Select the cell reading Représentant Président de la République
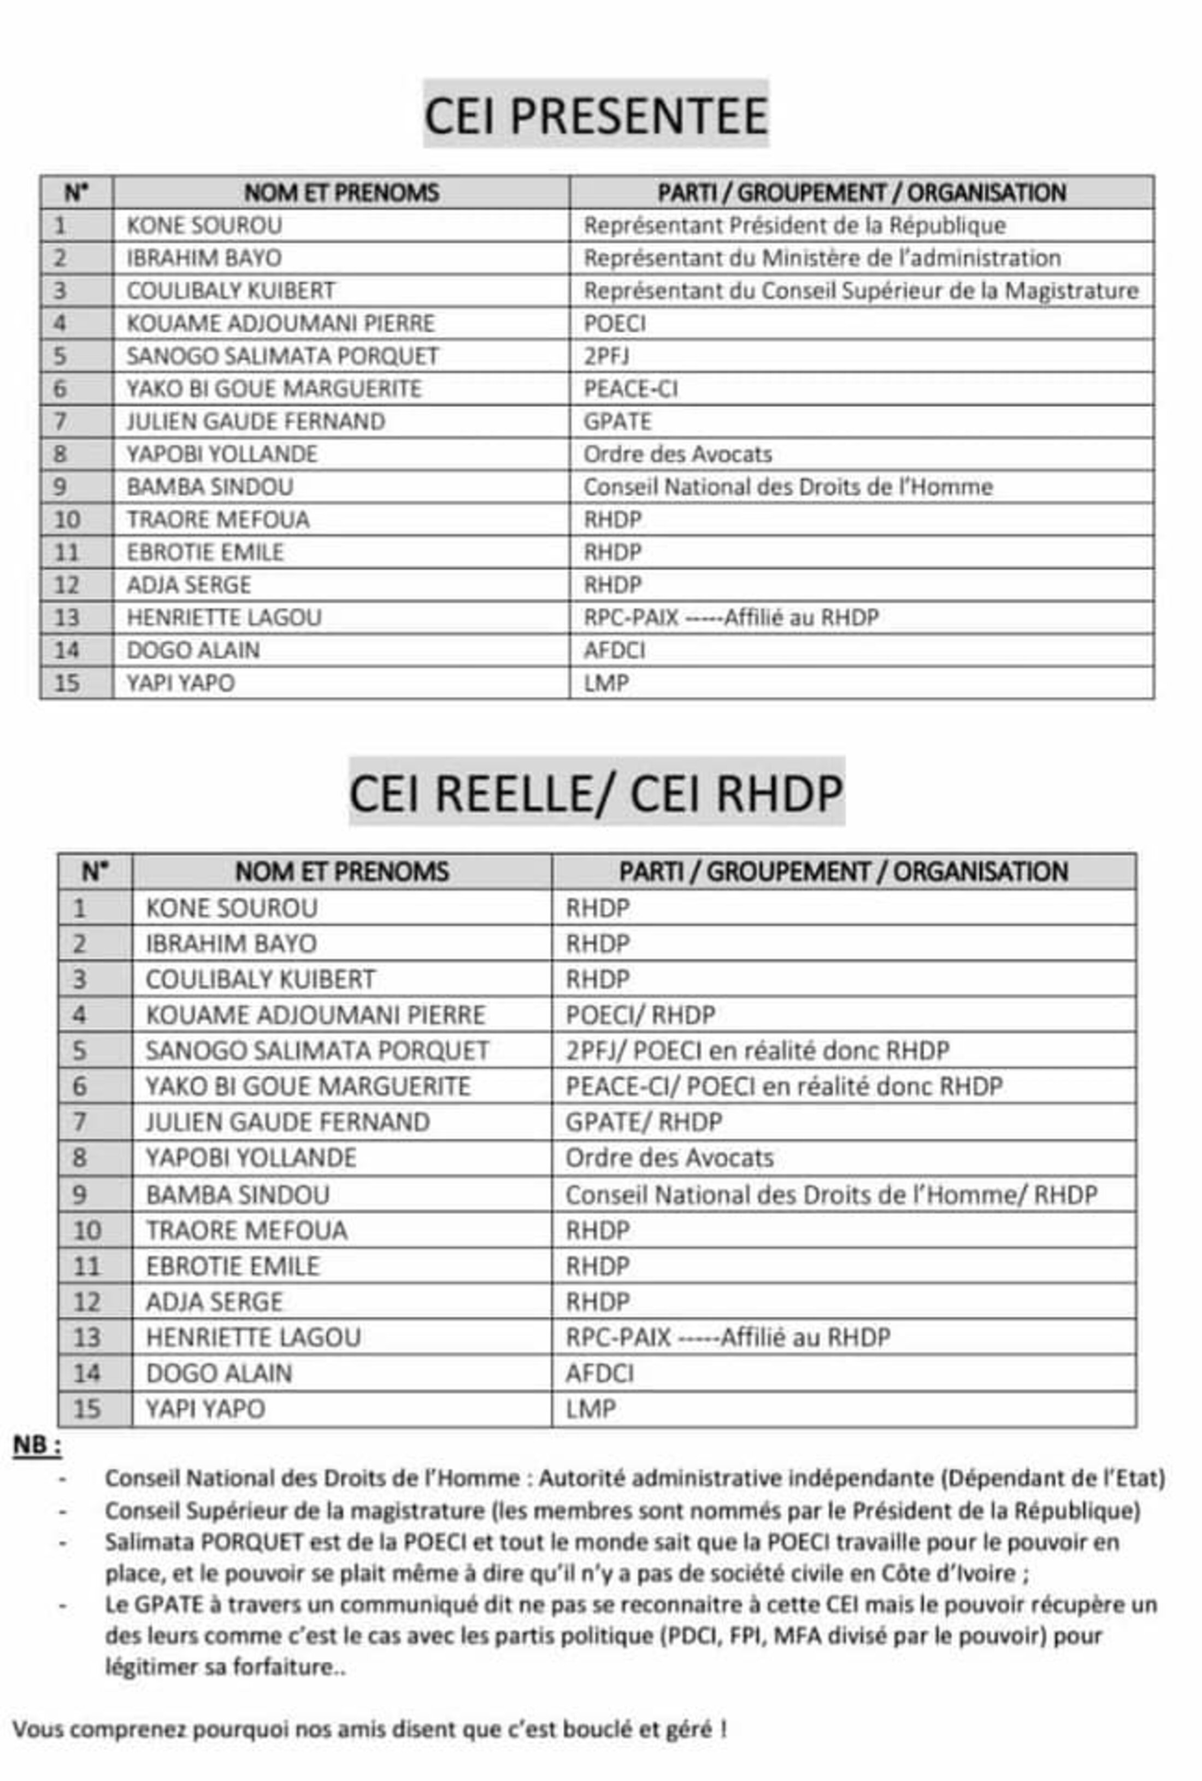tap(794, 225)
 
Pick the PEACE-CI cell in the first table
tap(630, 389)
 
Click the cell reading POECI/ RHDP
tap(640, 1015)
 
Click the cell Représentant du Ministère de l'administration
tap(821, 258)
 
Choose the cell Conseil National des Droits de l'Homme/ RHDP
tap(830, 1195)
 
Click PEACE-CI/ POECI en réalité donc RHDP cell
tap(783, 1086)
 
